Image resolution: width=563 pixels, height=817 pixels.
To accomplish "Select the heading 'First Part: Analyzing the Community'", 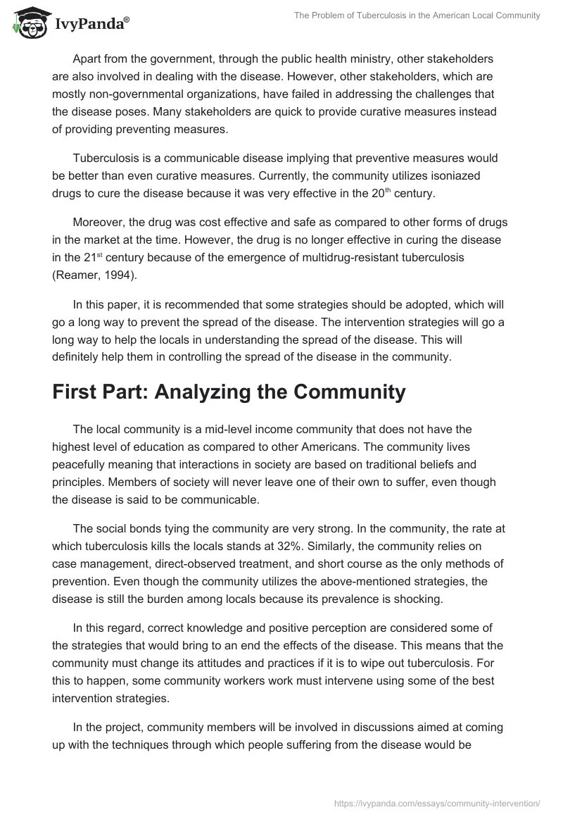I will [x=229, y=392].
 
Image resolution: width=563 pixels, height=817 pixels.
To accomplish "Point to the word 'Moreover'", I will [x=96, y=223].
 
